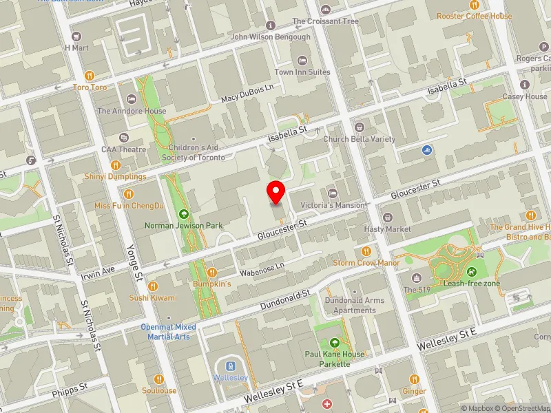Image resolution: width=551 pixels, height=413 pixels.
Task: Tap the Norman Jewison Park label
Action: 183,225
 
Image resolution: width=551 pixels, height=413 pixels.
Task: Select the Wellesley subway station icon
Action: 231,366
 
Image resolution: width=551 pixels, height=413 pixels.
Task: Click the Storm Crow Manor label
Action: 366,263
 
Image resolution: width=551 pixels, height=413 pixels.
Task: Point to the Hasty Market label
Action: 388,229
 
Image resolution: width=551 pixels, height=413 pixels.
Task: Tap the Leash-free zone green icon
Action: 472,273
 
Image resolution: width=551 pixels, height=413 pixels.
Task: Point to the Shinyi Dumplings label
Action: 116,177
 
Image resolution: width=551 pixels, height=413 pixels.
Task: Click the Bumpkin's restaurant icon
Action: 211,273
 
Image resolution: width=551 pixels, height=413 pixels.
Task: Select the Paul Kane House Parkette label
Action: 335,359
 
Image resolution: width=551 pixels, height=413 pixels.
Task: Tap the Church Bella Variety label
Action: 360,138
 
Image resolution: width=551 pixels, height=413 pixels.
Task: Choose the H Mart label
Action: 77,48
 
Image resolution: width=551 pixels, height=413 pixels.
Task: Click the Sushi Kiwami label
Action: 152,298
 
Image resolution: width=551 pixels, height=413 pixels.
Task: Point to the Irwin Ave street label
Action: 98,272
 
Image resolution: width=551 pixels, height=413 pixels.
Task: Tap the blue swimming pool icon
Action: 429,149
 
